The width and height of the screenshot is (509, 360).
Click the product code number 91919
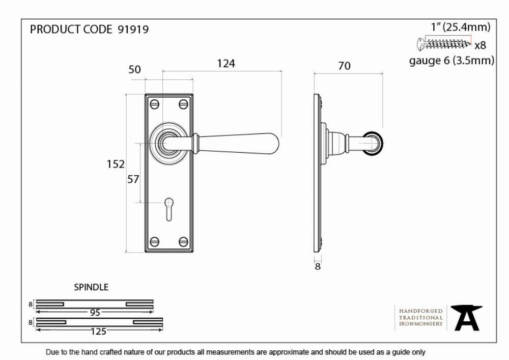[x=133, y=30]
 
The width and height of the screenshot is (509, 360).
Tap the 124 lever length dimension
[x=226, y=63]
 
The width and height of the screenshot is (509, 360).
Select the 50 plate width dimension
[x=134, y=69]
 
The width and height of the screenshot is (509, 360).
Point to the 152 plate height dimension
[x=116, y=164]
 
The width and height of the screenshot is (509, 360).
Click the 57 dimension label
[x=133, y=179]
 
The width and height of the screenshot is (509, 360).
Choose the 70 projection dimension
[x=345, y=66]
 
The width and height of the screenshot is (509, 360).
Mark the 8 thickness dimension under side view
[x=318, y=266]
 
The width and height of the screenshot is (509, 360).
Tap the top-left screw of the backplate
[x=154, y=104]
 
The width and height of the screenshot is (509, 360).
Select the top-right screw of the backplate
[x=183, y=104]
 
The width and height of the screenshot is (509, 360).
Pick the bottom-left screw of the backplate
[x=154, y=241]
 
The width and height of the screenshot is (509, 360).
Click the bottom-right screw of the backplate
[x=183, y=241]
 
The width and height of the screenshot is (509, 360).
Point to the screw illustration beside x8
[x=444, y=43]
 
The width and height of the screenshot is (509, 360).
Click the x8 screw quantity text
[x=480, y=45]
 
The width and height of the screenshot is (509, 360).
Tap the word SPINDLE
[x=91, y=287]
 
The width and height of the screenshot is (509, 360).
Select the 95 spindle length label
[x=95, y=313]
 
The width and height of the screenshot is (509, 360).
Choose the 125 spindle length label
[x=98, y=331]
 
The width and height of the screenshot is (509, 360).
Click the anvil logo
[x=467, y=318]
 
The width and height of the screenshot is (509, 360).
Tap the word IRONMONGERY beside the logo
[x=421, y=324]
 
